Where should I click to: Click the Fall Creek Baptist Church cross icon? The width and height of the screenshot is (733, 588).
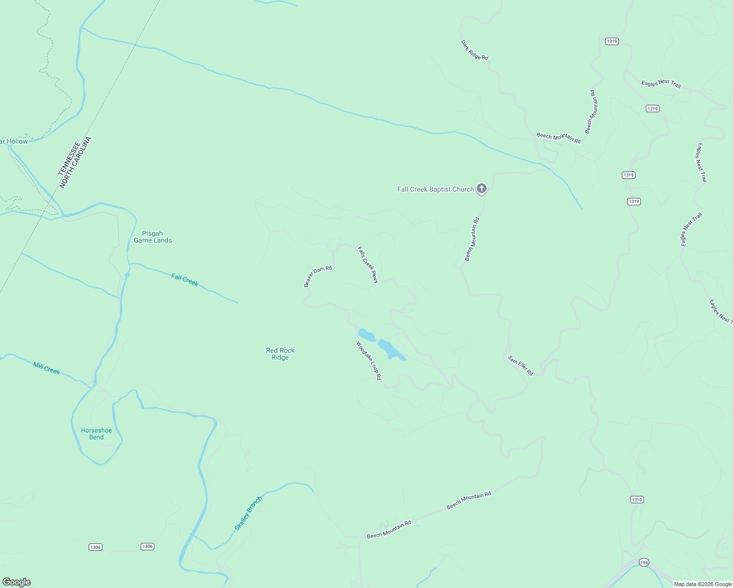(x=482, y=188)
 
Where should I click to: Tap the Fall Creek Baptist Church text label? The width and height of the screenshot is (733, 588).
(x=435, y=189)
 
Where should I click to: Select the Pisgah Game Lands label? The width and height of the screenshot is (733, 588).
(x=153, y=237)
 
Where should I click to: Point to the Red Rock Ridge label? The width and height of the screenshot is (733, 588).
(x=280, y=354)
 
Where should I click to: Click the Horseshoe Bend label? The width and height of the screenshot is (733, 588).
(x=97, y=434)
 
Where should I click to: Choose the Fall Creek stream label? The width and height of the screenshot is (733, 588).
(x=185, y=280)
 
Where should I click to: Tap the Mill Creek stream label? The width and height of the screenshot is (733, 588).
(x=47, y=368)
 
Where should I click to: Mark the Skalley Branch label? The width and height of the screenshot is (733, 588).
(x=248, y=513)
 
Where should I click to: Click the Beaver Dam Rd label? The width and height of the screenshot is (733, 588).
(x=318, y=276)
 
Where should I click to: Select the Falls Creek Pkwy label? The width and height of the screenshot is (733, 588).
(x=368, y=265)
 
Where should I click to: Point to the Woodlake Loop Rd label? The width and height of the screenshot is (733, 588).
(x=368, y=361)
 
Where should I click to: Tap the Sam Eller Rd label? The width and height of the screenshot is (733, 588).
(x=520, y=366)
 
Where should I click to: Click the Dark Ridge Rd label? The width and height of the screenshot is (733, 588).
(x=474, y=50)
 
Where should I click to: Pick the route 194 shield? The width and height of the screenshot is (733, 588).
(x=644, y=563)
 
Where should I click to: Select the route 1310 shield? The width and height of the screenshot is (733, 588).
(x=636, y=500)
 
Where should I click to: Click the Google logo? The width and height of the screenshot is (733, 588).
(x=17, y=582)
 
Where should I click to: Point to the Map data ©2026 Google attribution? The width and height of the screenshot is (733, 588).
(x=703, y=584)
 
